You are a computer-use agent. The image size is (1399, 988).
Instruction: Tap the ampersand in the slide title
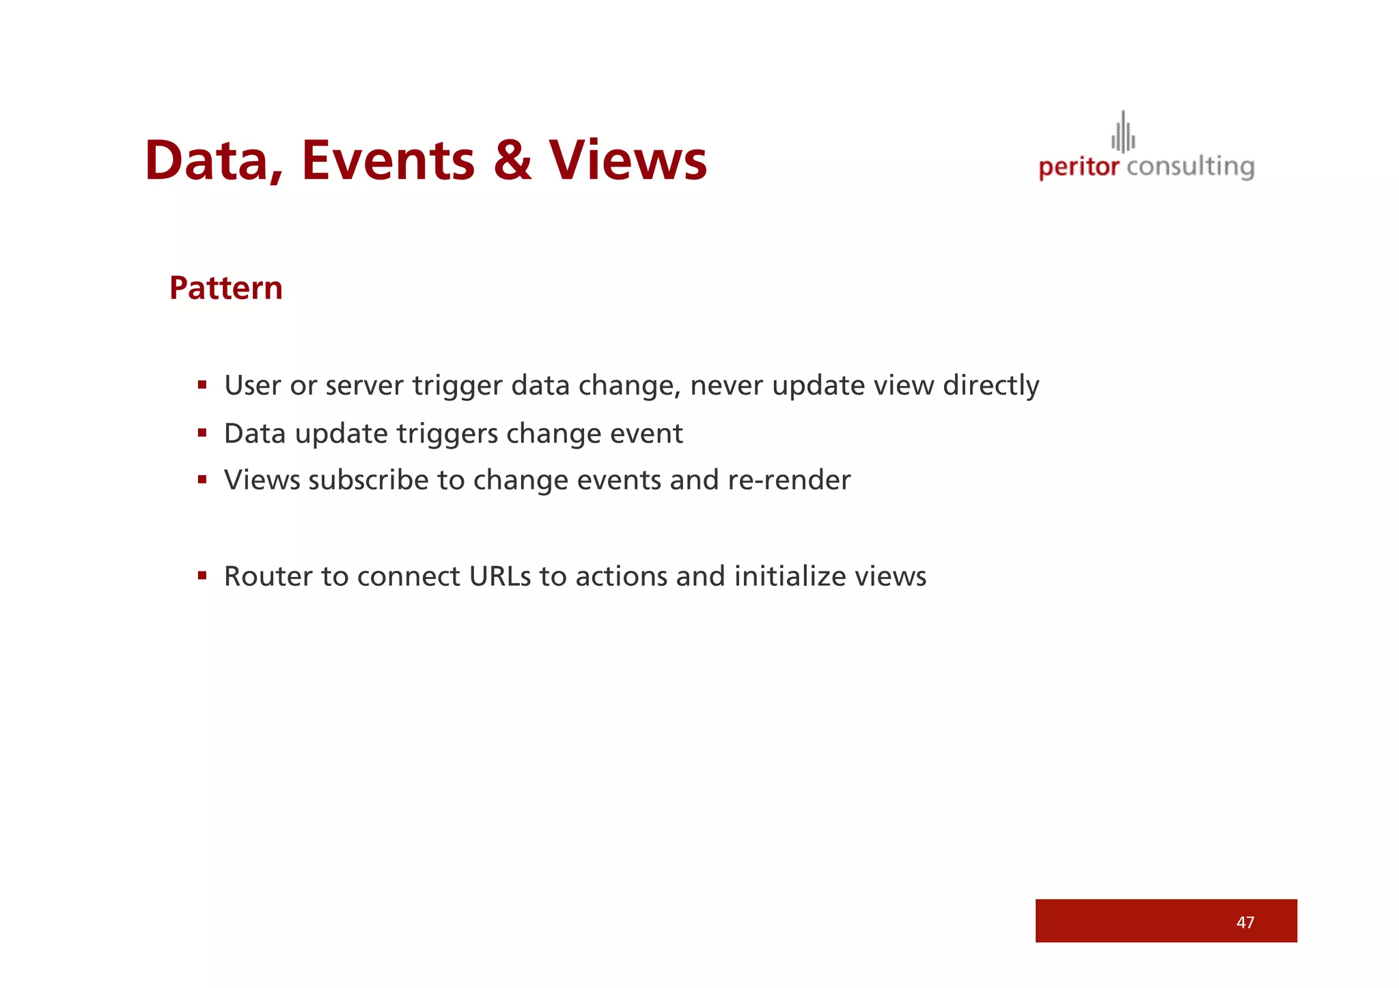tap(512, 161)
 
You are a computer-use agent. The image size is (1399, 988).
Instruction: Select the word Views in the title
tap(628, 161)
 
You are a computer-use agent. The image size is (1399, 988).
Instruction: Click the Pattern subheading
tap(225, 288)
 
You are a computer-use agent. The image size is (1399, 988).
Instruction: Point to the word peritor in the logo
tap(1079, 167)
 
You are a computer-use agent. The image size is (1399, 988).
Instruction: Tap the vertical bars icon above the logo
tap(1123, 133)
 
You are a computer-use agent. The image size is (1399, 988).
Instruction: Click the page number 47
tap(1245, 922)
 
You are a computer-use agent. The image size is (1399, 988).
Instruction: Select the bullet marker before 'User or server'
tap(202, 385)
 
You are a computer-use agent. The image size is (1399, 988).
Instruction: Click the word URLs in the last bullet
tap(500, 577)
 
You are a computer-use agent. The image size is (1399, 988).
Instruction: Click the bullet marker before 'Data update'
tap(202, 433)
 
